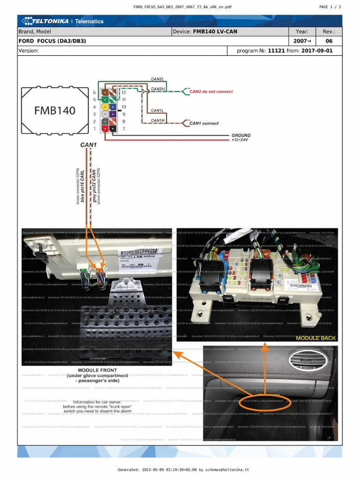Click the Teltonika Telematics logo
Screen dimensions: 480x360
point(61,21)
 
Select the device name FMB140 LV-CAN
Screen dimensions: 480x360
point(215,32)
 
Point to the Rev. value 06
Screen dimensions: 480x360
point(329,41)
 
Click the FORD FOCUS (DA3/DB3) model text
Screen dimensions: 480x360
point(52,41)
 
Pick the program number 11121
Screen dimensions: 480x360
point(277,51)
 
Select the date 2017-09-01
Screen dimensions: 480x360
point(317,51)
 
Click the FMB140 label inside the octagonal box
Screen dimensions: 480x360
point(54,111)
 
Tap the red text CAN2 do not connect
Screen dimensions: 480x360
point(211,92)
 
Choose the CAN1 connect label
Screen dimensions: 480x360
point(204,124)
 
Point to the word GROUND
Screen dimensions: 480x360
point(241,135)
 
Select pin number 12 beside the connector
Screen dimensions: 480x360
point(124,93)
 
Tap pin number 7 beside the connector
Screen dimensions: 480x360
point(123,128)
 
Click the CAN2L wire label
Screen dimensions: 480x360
point(157,79)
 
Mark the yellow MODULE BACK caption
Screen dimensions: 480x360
point(315,338)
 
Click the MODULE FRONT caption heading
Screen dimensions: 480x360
point(97,370)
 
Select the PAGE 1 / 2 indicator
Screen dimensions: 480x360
point(330,7)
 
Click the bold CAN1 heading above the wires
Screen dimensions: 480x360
point(88,145)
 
